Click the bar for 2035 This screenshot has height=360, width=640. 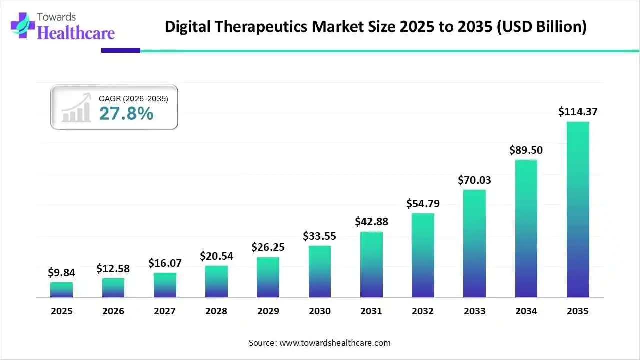[578, 210]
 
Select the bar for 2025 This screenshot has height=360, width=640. [61, 290]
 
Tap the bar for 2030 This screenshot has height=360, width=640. [320, 272]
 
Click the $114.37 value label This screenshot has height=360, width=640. [578, 112]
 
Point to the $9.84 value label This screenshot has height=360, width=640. [61, 272]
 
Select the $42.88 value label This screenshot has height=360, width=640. [371, 221]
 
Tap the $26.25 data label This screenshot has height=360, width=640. [268, 247]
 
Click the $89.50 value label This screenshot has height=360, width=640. [526, 150]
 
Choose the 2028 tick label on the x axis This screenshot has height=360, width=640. [216, 311]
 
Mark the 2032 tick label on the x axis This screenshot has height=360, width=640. [423, 311]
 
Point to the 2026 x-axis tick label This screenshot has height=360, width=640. [113, 311]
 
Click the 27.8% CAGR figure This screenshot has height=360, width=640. [126, 114]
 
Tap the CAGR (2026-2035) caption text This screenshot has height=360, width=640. [133, 99]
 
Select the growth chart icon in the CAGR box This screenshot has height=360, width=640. [76, 107]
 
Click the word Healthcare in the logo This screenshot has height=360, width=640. [76, 33]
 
